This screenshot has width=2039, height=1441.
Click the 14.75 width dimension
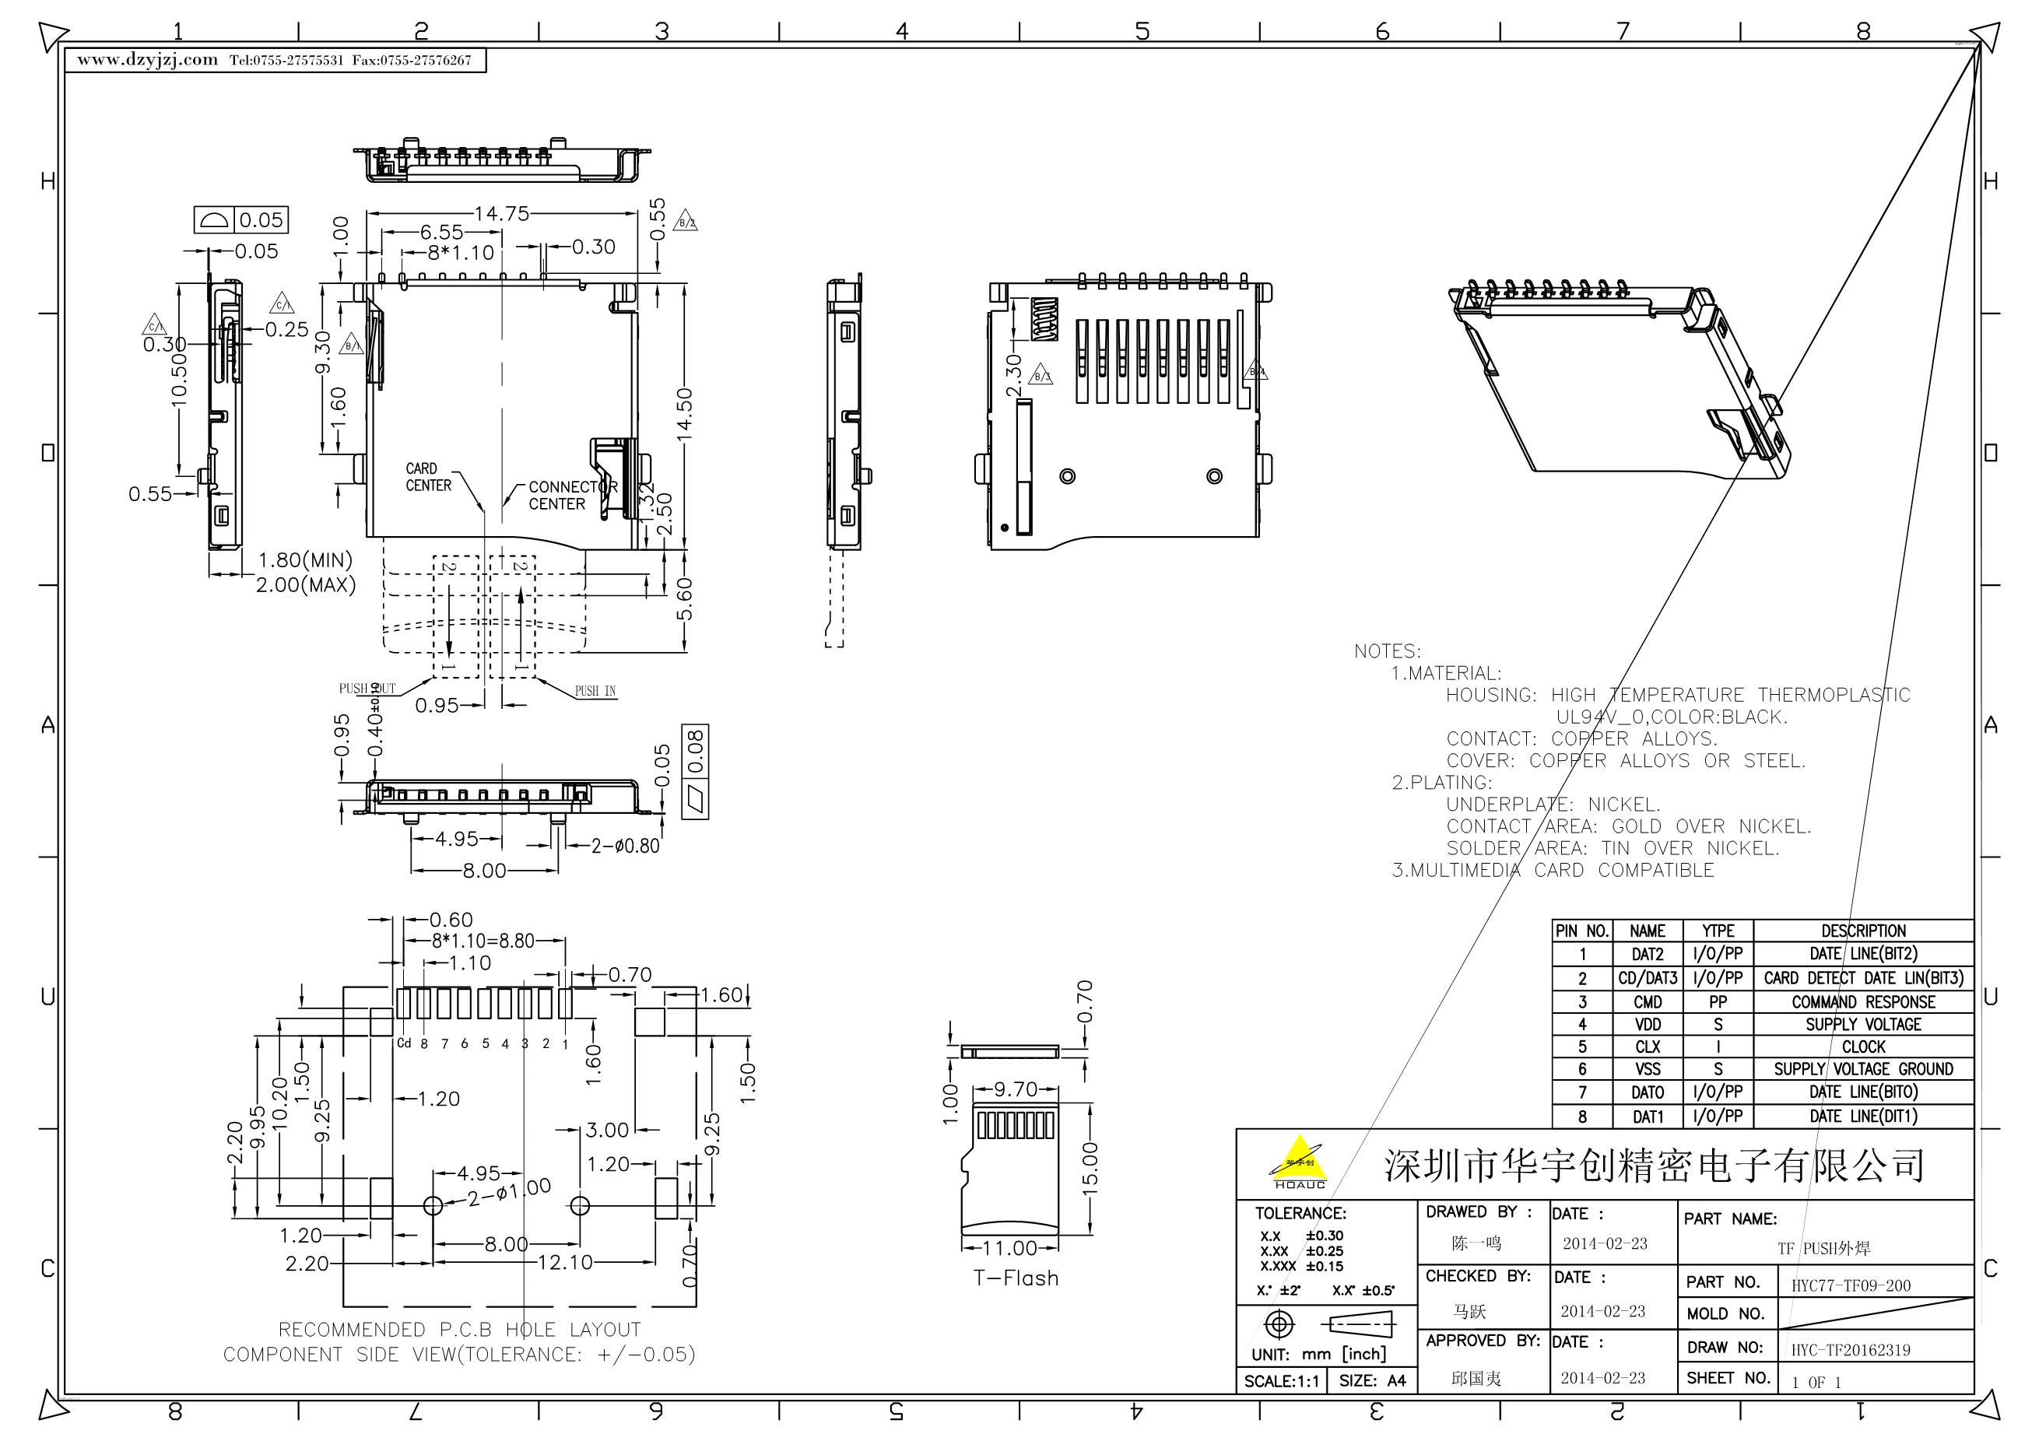coord(501,214)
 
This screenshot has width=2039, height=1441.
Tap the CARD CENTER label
coord(428,477)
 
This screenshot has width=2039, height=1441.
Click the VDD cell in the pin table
coord(1648,1025)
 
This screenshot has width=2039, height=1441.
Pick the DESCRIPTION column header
coord(1863,931)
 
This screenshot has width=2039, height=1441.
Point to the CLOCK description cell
coord(1863,1047)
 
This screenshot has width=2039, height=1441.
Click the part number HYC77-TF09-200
coord(1851,1285)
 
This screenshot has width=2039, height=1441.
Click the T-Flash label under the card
coord(1016,1278)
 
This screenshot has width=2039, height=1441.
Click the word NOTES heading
coord(1387,650)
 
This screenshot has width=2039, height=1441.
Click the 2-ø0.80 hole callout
coord(625,846)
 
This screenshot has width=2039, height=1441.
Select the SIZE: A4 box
coord(1372,1380)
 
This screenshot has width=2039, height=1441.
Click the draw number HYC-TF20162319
coord(1850,1349)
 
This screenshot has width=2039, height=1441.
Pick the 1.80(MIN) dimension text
coord(304,560)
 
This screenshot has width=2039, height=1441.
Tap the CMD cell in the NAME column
coord(1648,1001)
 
